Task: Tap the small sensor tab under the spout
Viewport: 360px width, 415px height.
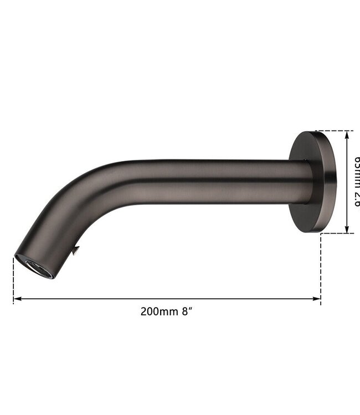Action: (x=75, y=251)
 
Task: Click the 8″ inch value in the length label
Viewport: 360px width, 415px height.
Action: (x=187, y=311)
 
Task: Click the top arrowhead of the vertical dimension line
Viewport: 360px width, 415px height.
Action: (x=347, y=134)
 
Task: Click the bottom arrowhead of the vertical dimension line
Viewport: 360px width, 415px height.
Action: (x=347, y=230)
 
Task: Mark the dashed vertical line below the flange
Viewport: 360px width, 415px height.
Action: (x=321, y=266)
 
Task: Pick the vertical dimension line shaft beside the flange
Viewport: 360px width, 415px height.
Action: (x=347, y=166)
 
